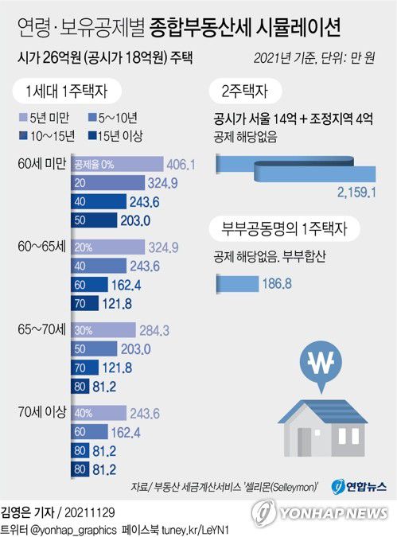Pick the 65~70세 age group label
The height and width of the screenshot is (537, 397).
click(40, 329)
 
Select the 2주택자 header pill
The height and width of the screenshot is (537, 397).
click(247, 91)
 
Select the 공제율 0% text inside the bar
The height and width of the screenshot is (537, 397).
click(93, 164)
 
